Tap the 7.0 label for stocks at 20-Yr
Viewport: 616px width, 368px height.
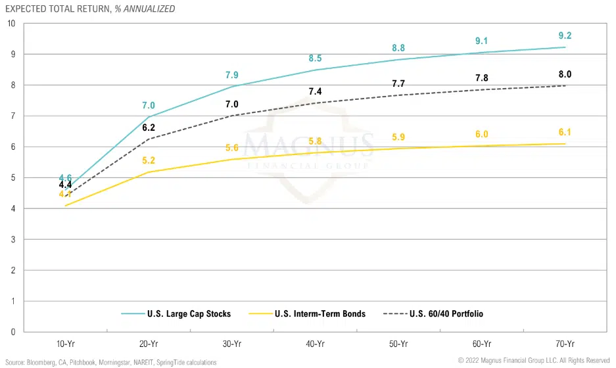point(149,105)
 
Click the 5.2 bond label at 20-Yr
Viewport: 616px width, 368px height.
point(149,160)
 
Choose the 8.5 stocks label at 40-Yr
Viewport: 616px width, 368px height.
point(316,58)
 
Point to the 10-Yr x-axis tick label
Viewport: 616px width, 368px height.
point(65,344)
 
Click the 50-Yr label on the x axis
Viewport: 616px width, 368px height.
point(398,344)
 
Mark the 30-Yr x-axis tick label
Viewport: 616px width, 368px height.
point(232,344)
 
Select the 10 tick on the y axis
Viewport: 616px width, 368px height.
point(11,24)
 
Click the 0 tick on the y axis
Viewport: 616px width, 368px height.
point(13,332)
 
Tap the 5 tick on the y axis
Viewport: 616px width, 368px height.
point(13,177)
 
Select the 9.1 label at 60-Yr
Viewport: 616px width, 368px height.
point(482,41)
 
